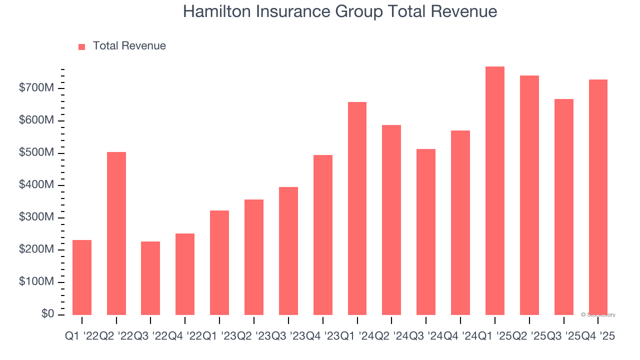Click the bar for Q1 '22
82,277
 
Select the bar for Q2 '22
116,233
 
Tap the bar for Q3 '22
150,278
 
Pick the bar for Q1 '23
219,263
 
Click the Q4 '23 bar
323,235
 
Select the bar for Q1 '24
357,208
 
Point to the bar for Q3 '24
426,232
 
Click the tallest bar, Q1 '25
495,190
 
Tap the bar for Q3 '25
563,207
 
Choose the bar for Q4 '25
598,197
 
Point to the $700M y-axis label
36,88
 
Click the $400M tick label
36,185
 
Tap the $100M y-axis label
36,282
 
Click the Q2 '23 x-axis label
254,337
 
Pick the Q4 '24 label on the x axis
460,337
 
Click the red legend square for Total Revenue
82,46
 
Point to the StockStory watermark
598,315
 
